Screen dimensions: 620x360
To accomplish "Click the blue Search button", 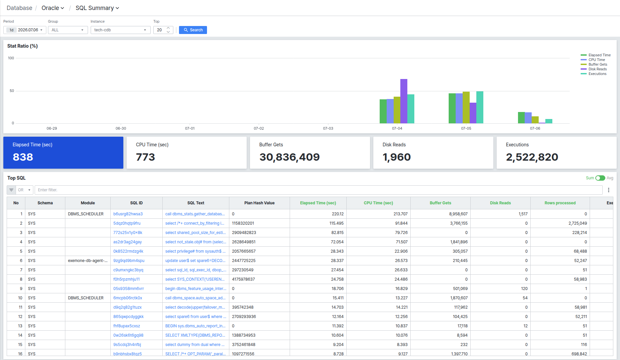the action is click(x=193, y=30).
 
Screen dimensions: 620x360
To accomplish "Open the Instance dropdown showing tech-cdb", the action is click(x=120, y=30).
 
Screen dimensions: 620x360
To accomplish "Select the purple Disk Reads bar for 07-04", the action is click(x=404, y=101).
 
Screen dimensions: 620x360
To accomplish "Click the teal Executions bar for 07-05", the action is click(x=480, y=107).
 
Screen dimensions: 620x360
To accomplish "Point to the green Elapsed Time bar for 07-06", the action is click(x=521, y=118).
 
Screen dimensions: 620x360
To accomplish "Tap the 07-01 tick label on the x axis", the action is click(x=190, y=128).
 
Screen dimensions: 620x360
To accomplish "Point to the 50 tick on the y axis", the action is click(x=12, y=91).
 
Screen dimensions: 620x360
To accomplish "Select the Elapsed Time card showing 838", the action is click(x=63, y=153).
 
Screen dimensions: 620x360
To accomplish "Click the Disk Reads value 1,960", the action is click(x=397, y=157).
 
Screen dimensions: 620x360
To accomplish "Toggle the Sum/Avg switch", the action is click(x=600, y=178).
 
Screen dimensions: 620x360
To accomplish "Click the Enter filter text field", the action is click(x=318, y=190).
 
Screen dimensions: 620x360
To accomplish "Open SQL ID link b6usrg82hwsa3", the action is click(x=128, y=214).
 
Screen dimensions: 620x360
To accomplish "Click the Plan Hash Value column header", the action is click(x=259, y=203).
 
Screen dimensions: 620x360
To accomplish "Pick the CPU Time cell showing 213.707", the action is click(x=400, y=214).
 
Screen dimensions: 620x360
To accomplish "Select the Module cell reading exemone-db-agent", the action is click(x=88, y=261).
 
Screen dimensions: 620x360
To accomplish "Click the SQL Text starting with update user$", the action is click(x=195, y=261).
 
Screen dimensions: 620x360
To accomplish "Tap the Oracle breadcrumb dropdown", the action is click(x=53, y=8).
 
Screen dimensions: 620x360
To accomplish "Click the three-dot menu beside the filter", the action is click(x=609, y=190).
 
